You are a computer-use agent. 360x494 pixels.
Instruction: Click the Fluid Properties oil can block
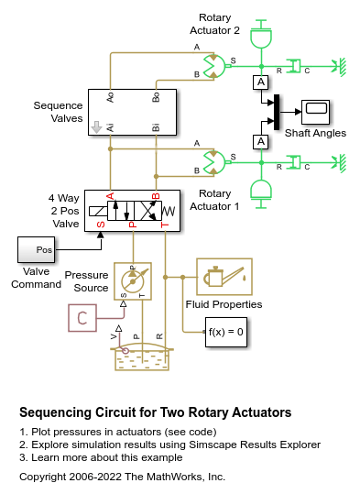pos(224,276)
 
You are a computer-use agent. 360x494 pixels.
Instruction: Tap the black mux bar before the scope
pos(276,112)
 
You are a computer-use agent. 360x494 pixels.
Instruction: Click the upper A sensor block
pos(261,82)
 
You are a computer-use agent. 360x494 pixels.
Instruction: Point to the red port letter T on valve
pos(165,225)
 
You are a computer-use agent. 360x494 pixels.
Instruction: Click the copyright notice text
pos(122,477)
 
